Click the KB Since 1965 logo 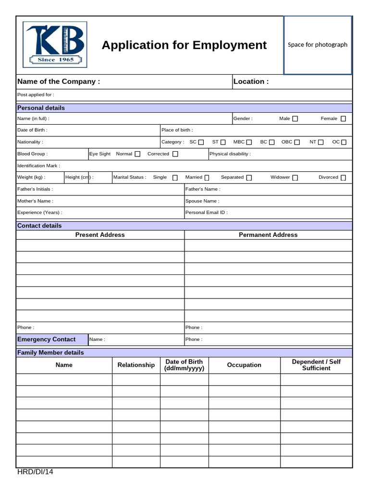[x=55, y=44]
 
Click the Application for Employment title [x=184, y=45]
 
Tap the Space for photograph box [x=317, y=45]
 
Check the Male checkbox [x=295, y=119]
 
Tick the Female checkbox [x=343, y=119]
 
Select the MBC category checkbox [x=249, y=143]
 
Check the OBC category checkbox [x=297, y=143]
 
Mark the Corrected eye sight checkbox [x=175, y=154]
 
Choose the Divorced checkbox [x=343, y=178]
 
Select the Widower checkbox [x=295, y=178]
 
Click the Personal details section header [x=41, y=108]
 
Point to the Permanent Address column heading [x=268, y=235]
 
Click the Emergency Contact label [x=46, y=339]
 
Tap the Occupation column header [x=244, y=365]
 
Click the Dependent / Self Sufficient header [x=316, y=365]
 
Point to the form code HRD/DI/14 [x=35, y=472]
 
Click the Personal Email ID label [x=207, y=212]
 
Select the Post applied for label [x=36, y=95]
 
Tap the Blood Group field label [x=32, y=154]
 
